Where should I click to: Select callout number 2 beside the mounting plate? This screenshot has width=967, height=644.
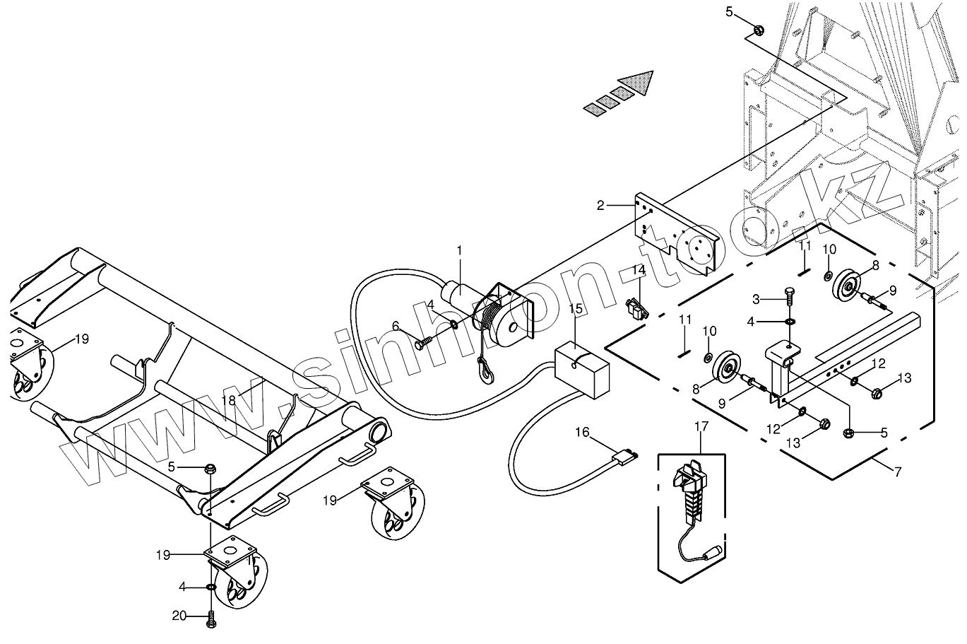pos(600,206)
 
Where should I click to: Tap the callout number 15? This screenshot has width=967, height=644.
pos(576,308)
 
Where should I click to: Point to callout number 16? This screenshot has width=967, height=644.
pos(581,432)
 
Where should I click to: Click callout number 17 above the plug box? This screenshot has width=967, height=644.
pos(701,426)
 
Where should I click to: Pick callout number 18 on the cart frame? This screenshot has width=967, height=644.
pos(227,400)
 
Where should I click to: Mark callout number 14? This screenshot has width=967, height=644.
pos(639,270)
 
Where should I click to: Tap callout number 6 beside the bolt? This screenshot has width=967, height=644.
pos(396,326)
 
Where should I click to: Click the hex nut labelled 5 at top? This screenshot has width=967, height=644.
pos(758,30)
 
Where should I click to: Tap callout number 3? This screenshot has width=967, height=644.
pos(756,299)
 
